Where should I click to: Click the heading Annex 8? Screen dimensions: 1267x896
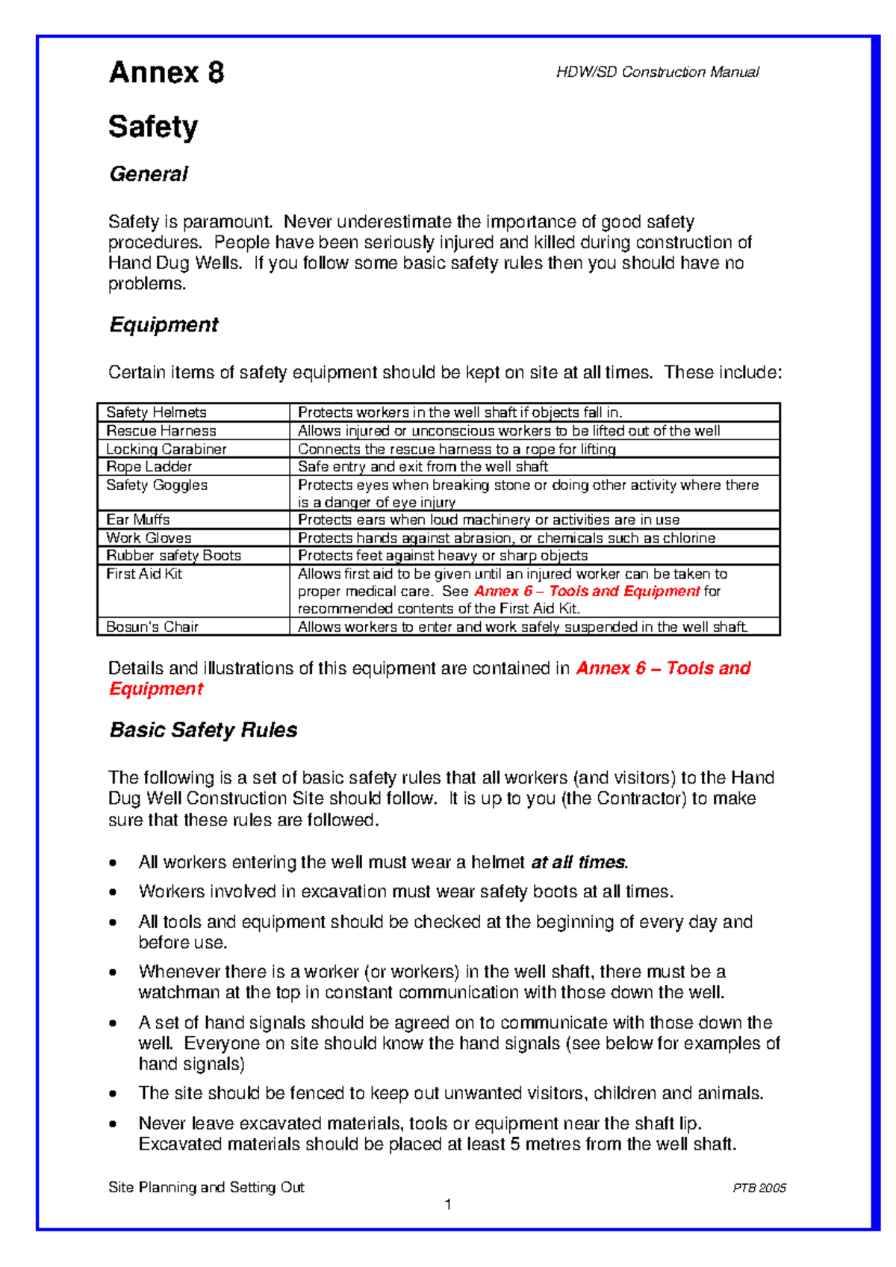click(166, 72)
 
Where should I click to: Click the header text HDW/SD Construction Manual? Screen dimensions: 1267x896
click(657, 72)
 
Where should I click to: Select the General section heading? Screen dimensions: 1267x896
click(148, 174)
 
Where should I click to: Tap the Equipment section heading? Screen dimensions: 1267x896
click(164, 325)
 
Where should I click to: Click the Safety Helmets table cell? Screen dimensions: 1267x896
click(156, 412)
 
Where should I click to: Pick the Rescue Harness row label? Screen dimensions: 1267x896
click(161, 431)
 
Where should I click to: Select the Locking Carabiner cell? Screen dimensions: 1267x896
click(166, 449)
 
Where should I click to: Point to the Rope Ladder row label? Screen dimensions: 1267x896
click(149, 467)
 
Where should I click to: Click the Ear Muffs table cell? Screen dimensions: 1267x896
click(137, 520)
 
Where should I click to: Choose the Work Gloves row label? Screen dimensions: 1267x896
click(148, 538)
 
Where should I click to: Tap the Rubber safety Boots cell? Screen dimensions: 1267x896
click(173, 556)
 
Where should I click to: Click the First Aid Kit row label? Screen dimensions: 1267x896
click(143, 574)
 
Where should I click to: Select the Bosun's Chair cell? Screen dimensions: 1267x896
click(152, 627)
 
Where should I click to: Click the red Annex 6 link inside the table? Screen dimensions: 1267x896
click(587, 591)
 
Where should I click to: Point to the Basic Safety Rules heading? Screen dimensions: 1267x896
click(203, 730)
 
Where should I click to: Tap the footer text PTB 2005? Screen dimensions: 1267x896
click(759, 1188)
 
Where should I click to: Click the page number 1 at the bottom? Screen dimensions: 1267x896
click(448, 1204)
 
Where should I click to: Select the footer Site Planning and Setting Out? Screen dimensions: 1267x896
click(206, 1187)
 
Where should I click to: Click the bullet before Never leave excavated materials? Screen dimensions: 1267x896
click(113, 1124)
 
